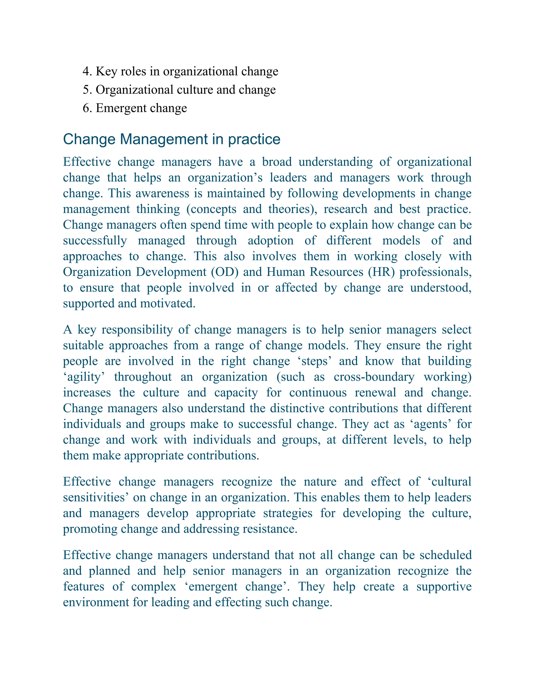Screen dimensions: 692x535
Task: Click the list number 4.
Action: (x=86, y=72)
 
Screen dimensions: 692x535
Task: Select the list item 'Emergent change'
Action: (x=141, y=108)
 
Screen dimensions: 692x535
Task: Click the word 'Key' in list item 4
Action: (x=106, y=72)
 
